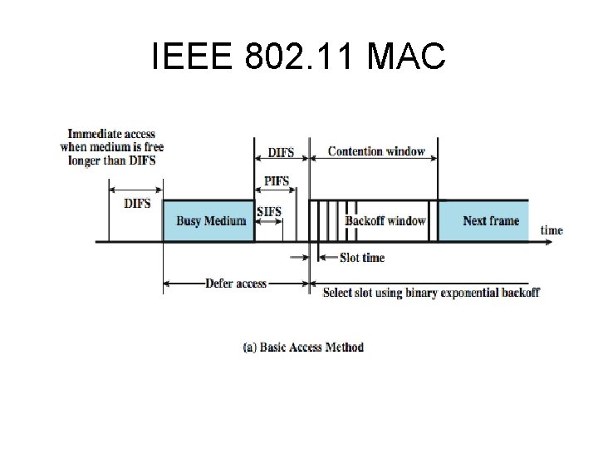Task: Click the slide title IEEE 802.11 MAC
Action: pyautogui.click(x=299, y=57)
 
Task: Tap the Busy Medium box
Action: pyautogui.click(x=209, y=220)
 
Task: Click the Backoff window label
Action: pyautogui.click(x=385, y=220)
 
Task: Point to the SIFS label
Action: pyautogui.click(x=269, y=211)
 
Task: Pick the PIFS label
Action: pyautogui.click(x=277, y=181)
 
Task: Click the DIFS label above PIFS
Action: pyautogui.click(x=280, y=153)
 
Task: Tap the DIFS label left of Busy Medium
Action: pyautogui.click(x=136, y=203)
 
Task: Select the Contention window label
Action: pyautogui.click(x=376, y=151)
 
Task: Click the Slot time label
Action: pyautogui.click(x=362, y=258)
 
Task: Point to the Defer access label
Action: pyautogui.click(x=236, y=284)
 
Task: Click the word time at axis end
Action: pyautogui.click(x=551, y=229)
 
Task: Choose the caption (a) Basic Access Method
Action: pyautogui.click(x=303, y=347)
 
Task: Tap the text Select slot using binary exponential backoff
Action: pyautogui.click(x=431, y=292)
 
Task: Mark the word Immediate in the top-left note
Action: pyautogui.click(x=94, y=134)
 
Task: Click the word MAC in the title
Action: pyautogui.click(x=405, y=57)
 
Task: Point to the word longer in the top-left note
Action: pyautogui.click(x=85, y=160)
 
